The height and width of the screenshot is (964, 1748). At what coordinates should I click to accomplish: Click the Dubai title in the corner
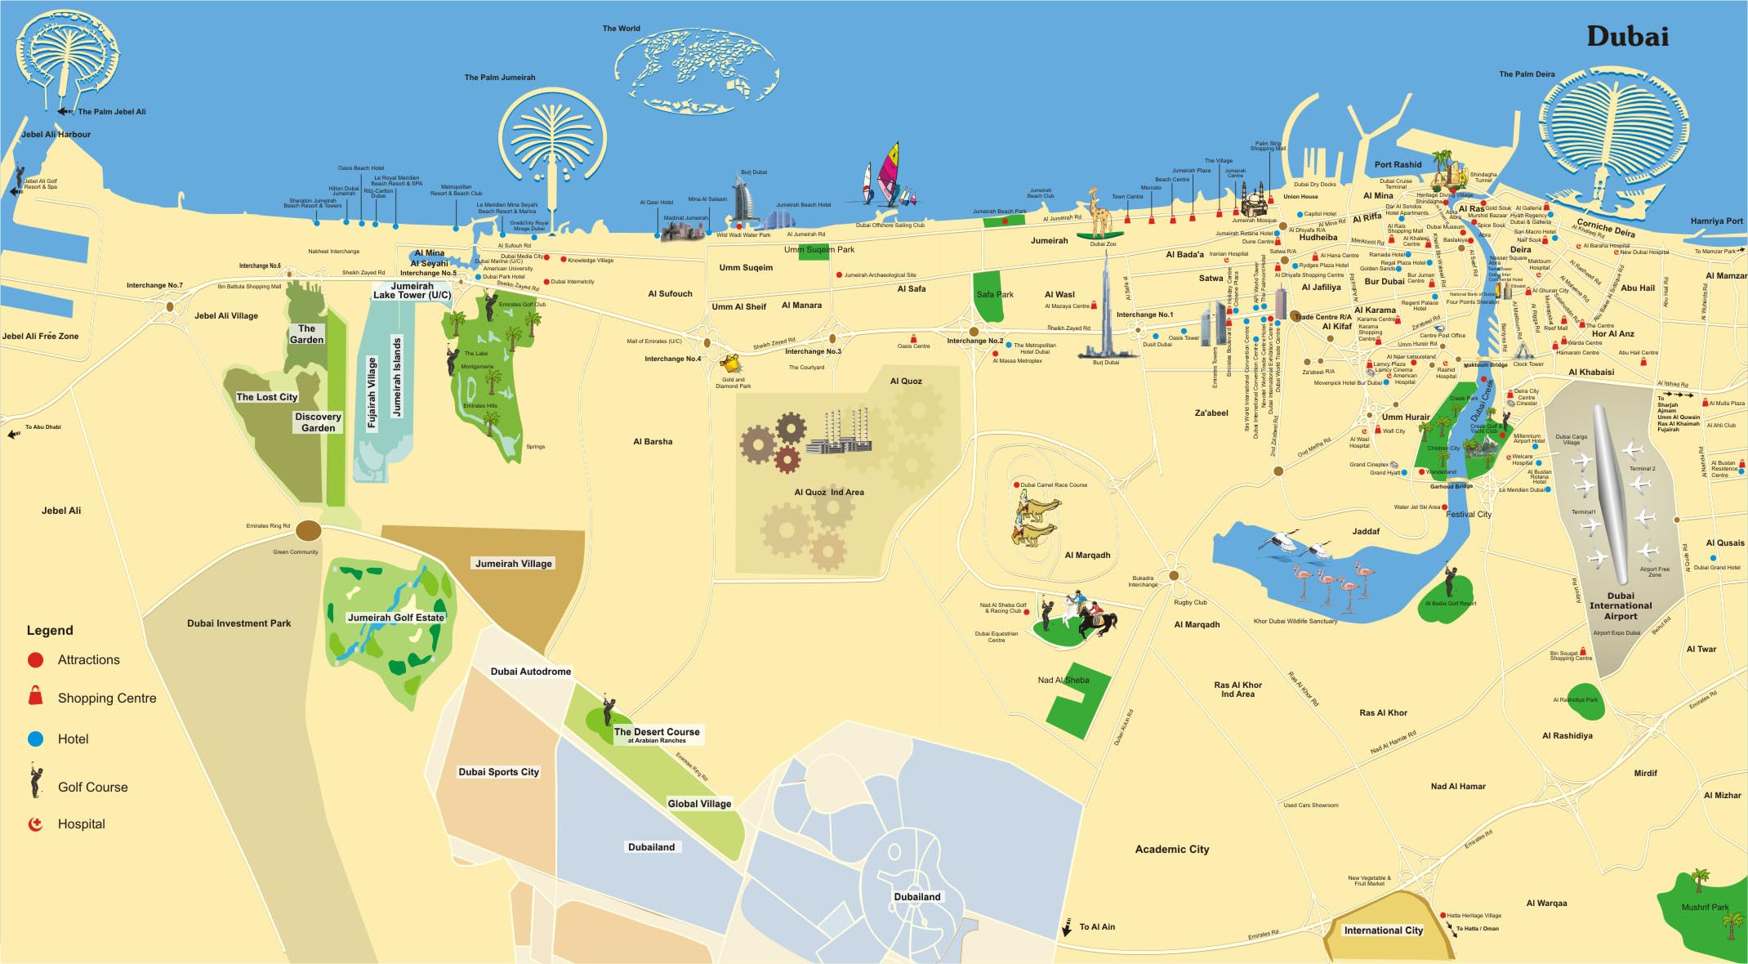point(1627,37)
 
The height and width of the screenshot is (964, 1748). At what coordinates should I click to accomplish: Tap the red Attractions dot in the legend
point(35,659)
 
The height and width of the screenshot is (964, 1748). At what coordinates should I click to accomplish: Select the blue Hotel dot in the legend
point(35,739)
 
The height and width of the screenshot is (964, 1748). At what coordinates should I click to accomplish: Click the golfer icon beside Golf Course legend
point(36,782)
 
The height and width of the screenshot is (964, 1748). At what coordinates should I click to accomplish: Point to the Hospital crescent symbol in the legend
point(35,823)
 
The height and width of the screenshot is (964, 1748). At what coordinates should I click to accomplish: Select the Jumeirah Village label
point(514,563)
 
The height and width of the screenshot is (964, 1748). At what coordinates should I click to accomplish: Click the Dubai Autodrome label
point(531,672)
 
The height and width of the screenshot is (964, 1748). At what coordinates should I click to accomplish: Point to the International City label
point(1383,930)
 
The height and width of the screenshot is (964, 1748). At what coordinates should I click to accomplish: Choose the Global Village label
point(699,803)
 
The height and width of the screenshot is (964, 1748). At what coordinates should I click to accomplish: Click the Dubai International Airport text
point(1621,605)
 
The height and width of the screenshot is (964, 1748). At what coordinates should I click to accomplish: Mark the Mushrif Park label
point(1705,907)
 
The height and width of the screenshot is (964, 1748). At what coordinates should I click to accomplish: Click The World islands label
point(622,29)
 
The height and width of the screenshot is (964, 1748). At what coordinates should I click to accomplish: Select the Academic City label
point(1171,850)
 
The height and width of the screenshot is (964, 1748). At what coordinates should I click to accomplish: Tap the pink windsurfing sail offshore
point(889,172)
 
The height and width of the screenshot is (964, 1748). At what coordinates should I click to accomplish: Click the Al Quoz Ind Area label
point(828,492)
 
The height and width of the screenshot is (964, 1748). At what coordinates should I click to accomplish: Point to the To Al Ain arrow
point(1067,927)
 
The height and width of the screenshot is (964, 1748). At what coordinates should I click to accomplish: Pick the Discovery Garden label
point(318,422)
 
